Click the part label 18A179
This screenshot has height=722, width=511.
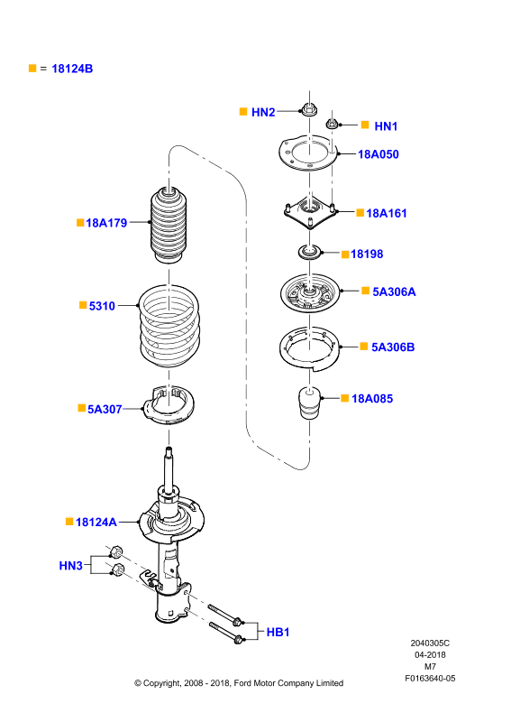[106, 223]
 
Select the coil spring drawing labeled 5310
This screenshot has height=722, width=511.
[169, 327]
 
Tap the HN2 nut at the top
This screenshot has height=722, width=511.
[309, 110]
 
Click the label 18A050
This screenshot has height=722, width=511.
[379, 154]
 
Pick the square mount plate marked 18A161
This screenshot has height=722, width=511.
[309, 212]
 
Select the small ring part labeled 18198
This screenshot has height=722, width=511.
[309, 253]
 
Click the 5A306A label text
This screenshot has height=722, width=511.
[394, 292]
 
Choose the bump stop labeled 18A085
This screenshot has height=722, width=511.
[309, 403]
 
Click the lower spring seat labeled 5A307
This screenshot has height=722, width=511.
[169, 404]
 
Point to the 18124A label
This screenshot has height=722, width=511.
[96, 523]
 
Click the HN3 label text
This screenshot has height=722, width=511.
[71, 566]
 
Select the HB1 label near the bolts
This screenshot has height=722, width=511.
[278, 633]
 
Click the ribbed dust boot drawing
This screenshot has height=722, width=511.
[169, 225]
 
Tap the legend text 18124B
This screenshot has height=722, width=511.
[72, 69]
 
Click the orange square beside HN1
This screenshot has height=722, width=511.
[365, 125]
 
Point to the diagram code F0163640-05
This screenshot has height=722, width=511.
[430, 679]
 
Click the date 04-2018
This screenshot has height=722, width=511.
[430, 655]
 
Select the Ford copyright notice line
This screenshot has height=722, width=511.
[239, 683]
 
